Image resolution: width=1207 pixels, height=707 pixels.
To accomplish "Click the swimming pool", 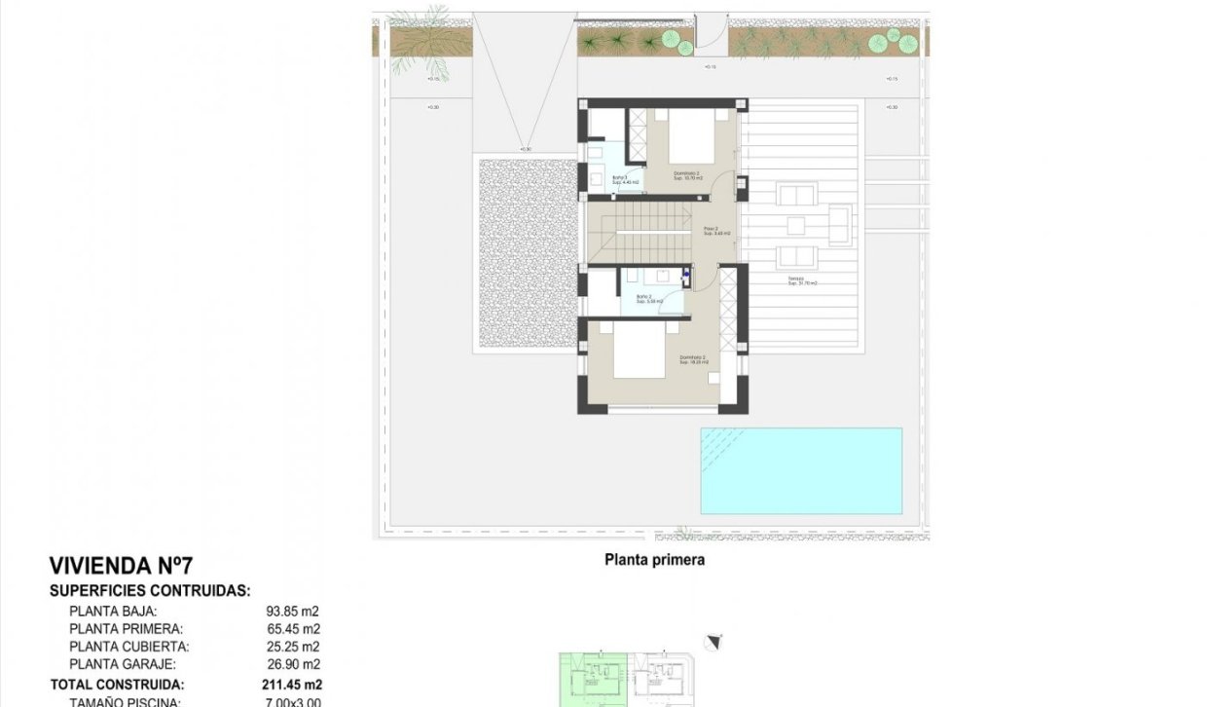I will tap(801, 470).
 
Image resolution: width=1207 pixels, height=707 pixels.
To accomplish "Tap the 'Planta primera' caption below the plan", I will tap(654, 560).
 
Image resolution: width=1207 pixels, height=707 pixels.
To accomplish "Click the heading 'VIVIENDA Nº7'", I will tap(121, 566).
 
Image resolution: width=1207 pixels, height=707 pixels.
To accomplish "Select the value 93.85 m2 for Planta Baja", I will tap(293, 612).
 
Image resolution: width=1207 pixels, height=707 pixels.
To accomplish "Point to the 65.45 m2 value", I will tap(293, 629).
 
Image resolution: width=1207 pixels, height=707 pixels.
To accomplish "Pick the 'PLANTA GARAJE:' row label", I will tap(122, 664).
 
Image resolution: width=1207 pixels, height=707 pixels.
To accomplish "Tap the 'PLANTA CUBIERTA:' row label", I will tap(129, 647).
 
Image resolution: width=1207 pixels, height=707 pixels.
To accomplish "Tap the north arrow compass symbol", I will tap(717, 641).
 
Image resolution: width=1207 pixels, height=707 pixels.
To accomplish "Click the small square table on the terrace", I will tap(796, 226).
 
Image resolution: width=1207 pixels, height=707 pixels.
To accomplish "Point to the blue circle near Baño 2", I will tap(685, 276).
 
